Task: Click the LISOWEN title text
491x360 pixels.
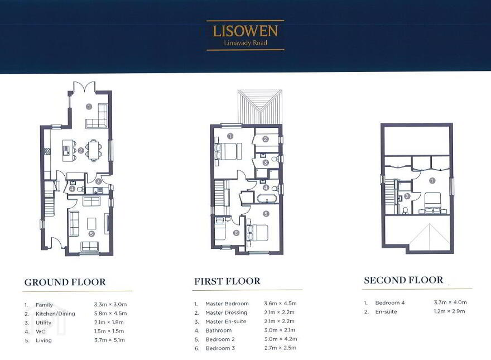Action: click(245, 31)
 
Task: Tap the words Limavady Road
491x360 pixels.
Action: click(245, 42)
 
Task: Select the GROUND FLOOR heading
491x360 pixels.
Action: click(65, 282)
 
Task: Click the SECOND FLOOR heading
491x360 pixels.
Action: click(403, 280)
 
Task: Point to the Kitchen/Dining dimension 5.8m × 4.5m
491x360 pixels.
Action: click(110, 313)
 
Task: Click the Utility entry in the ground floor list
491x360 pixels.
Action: click(44, 323)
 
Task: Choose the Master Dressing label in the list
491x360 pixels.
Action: click(226, 313)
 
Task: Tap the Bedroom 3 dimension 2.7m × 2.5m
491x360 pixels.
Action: click(280, 348)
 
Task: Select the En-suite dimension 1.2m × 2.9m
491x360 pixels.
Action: click(449, 311)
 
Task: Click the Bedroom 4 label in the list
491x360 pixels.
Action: click(390, 303)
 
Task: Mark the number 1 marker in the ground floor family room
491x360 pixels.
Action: click(89, 107)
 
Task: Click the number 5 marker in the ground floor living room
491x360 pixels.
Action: click(92, 234)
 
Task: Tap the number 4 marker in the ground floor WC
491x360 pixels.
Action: click(73, 189)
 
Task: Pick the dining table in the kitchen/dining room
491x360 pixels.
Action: click(94, 150)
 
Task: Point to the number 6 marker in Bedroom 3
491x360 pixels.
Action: click(236, 233)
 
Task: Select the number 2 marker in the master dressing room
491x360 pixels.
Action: click(266, 139)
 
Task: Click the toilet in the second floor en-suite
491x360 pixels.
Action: click(405, 210)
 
